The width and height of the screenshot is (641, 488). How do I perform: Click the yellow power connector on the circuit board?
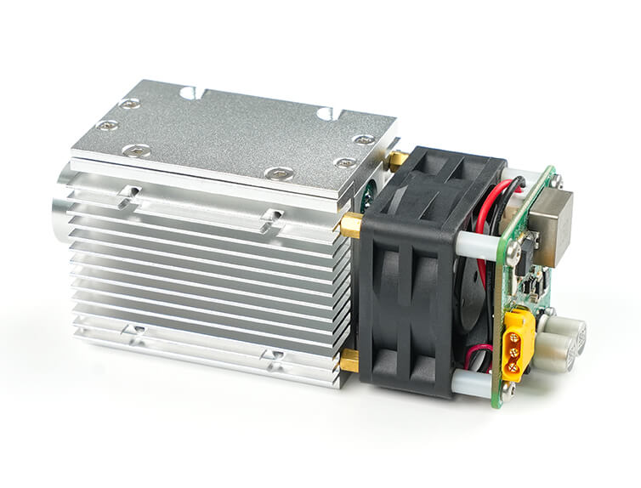[518, 343]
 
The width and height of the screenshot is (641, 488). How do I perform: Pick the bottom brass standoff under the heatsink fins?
[349, 363]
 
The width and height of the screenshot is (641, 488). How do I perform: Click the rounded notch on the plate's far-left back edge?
[187, 92]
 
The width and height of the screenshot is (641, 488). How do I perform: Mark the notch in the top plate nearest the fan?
[326, 113]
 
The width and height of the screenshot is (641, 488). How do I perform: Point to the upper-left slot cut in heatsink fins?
[128, 195]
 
